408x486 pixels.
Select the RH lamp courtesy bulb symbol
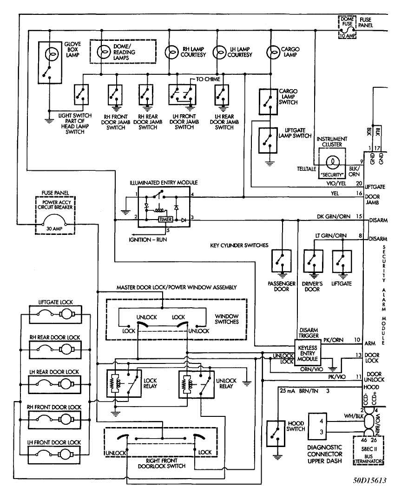pyautogui.click(x=172, y=54)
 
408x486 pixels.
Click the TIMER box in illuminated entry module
pyautogui.click(x=165, y=219)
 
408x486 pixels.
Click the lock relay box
pyautogui.click(x=123, y=383)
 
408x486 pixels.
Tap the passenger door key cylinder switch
pyautogui.click(x=282, y=263)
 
